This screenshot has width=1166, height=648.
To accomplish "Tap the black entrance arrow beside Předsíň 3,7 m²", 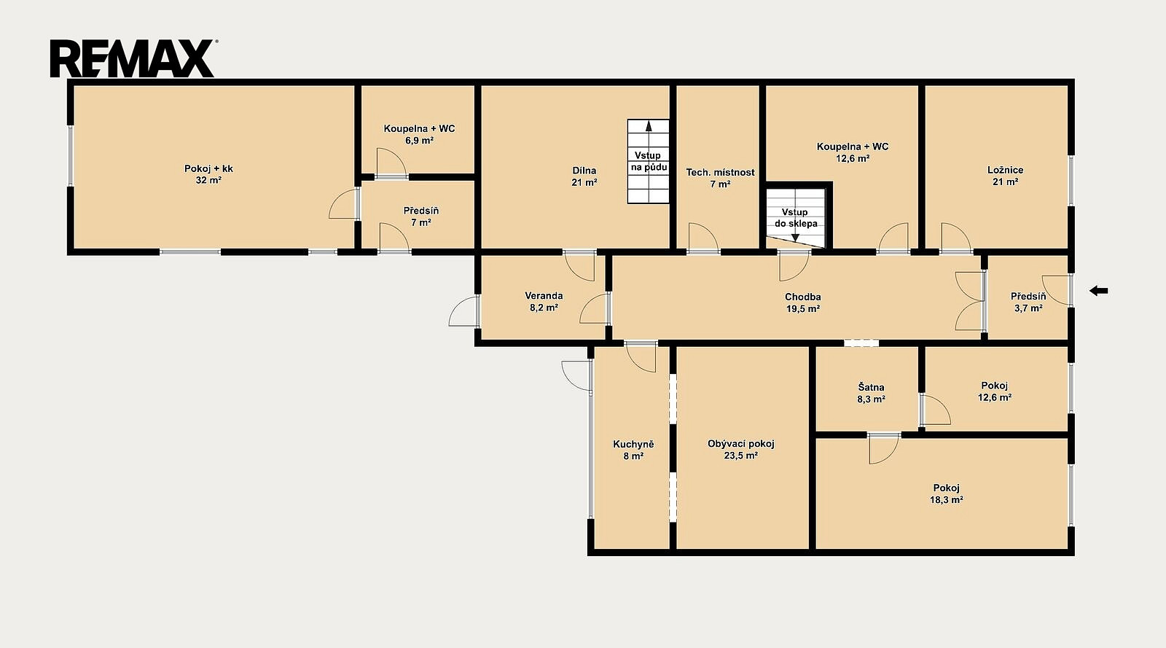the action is pos(1098,291).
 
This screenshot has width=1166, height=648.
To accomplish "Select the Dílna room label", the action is pos(584,171).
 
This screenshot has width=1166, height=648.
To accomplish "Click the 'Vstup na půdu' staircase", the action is pos(648,161).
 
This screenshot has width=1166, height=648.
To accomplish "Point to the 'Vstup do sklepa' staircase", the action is pos(796,218).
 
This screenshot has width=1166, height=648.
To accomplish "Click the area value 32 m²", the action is pos(208,181).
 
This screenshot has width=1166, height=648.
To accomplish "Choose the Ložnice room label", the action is pos(1005,170).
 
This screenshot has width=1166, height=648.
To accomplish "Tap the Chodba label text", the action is pos(802,297).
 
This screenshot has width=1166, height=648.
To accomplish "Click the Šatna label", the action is pos(871,387).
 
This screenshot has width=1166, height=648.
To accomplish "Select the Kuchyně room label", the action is pos(633,445).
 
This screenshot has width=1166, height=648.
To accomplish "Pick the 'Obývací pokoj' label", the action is pos(740,444).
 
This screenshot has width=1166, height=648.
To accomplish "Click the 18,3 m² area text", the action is pos(947,500).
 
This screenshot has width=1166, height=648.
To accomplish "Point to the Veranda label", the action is pos(544,296).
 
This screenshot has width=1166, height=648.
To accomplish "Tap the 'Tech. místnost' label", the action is pos(720,172).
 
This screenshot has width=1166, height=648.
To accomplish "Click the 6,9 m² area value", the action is pos(419,141).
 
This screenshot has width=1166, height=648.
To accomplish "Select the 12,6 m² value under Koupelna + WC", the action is pos(853,159).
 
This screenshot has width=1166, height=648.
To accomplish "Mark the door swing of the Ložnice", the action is pos(955,238).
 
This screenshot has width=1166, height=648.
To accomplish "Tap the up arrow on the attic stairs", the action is pos(649,125).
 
